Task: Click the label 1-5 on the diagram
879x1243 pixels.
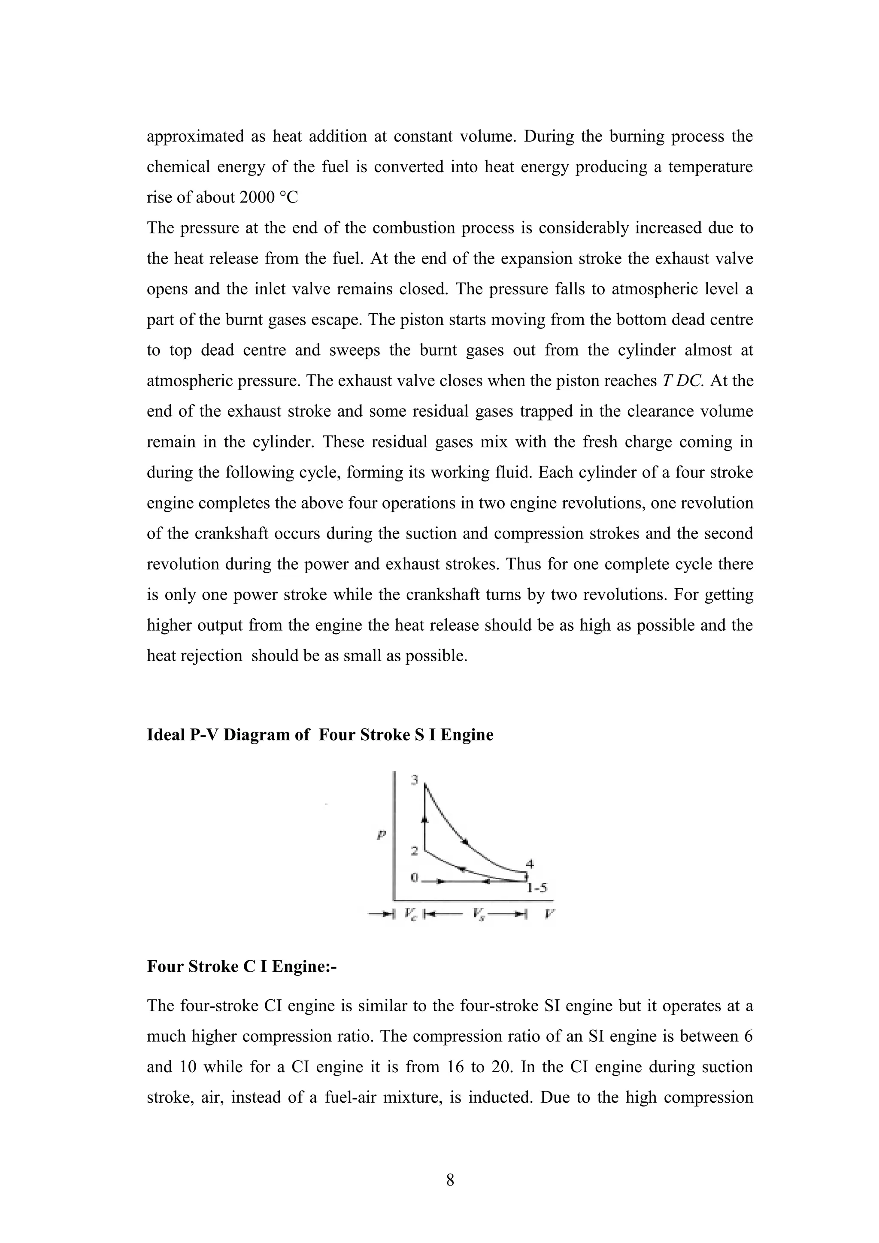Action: point(537,887)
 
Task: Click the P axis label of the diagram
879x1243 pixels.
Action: point(381,835)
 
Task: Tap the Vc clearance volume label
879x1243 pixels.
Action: point(410,914)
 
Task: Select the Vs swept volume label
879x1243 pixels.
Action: point(478,914)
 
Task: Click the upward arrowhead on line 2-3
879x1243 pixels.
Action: point(425,819)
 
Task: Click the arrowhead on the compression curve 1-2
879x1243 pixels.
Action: point(462,868)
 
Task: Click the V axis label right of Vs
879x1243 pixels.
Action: point(549,914)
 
